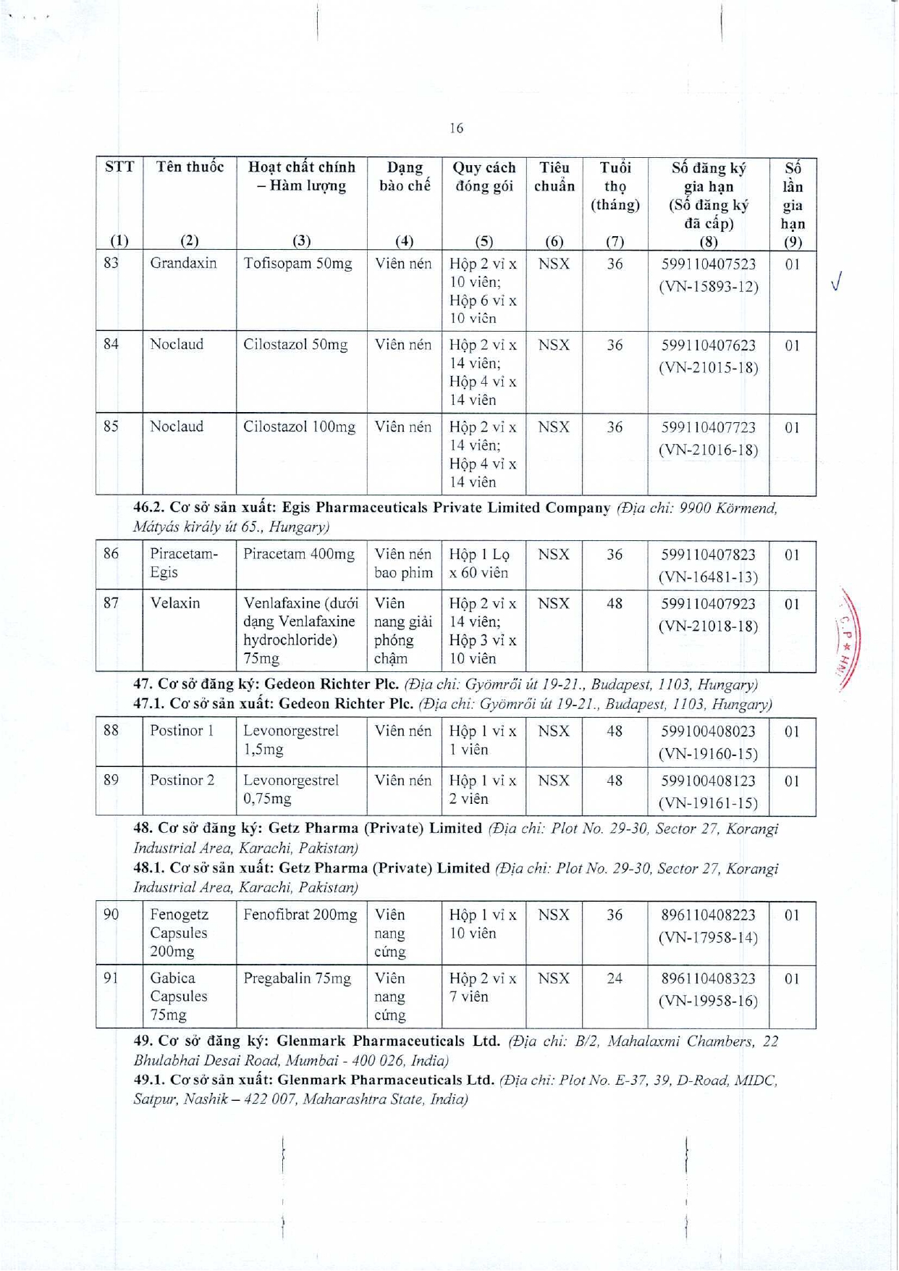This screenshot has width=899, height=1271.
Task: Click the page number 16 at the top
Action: [x=456, y=128]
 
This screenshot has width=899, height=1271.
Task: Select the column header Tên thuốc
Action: [x=190, y=167]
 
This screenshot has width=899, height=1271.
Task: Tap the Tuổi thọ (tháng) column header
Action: [x=615, y=186]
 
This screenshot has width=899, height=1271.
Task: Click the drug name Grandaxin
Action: [x=183, y=264]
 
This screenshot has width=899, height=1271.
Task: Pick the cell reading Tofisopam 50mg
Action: [x=297, y=264]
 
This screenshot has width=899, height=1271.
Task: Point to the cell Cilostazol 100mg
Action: [x=299, y=427]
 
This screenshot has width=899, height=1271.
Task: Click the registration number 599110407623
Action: [x=708, y=345]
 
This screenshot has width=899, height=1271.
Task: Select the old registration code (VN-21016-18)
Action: [x=708, y=450]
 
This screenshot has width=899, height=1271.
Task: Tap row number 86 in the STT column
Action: [x=111, y=554]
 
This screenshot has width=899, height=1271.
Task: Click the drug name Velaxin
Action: [x=174, y=603]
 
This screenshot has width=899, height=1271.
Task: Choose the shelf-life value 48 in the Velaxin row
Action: [x=615, y=603]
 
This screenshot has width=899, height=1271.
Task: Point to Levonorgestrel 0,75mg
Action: [x=290, y=789]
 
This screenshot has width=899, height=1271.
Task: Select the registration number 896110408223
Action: [x=708, y=915]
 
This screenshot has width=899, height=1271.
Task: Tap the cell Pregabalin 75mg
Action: [x=297, y=979]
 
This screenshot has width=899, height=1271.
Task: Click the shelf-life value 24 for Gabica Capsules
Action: [x=615, y=979]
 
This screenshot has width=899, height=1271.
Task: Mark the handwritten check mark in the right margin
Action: [x=837, y=281]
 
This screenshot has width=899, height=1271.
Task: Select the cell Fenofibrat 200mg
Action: [x=300, y=915]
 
